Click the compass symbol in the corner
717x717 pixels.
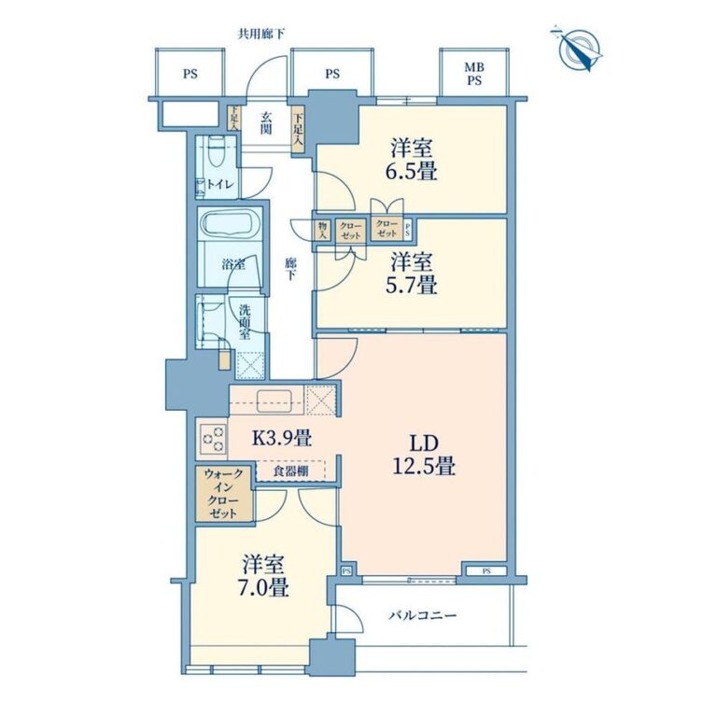pyautogui.click(x=578, y=49)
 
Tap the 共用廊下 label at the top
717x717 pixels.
pyautogui.click(x=262, y=34)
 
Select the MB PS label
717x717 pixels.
pyautogui.click(x=474, y=74)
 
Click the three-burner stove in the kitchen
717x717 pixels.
pyautogui.click(x=213, y=438)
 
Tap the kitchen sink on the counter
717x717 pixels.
pyautogui.click(x=274, y=401)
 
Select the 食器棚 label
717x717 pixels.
pyautogui.click(x=291, y=471)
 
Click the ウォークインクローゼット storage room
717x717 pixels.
pyautogui.click(x=224, y=493)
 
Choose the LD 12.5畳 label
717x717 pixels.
pyautogui.click(x=424, y=455)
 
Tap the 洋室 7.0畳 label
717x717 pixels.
pyautogui.click(x=265, y=576)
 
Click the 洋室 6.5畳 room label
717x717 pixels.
pyautogui.click(x=411, y=160)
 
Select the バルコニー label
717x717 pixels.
pyautogui.click(x=423, y=615)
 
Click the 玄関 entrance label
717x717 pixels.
pyautogui.click(x=266, y=123)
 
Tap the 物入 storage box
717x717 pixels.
pyautogui.click(x=323, y=230)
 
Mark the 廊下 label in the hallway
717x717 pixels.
pyautogui.click(x=290, y=269)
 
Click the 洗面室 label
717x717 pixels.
pyautogui.click(x=245, y=322)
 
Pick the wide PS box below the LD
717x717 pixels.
pyautogui.click(x=486, y=570)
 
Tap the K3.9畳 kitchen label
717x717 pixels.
pyautogui.click(x=282, y=439)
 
